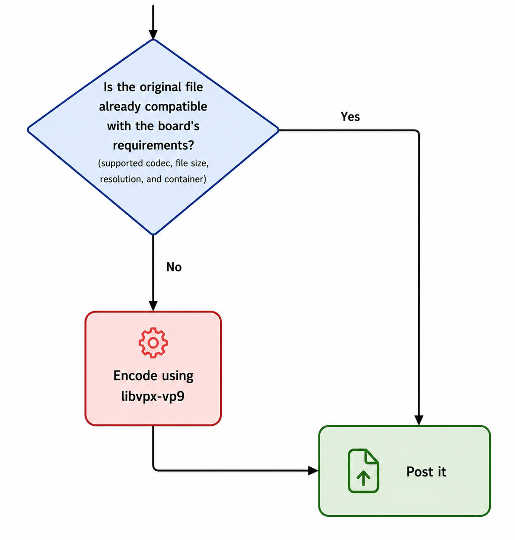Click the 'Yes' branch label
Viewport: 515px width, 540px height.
point(350,117)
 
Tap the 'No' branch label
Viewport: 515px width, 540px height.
point(174,267)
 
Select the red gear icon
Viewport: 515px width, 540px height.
point(153,342)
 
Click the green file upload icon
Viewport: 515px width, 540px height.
point(363,471)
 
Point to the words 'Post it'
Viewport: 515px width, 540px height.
point(426,472)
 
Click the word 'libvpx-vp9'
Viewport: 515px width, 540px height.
point(153,397)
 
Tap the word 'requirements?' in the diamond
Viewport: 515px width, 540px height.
point(153,145)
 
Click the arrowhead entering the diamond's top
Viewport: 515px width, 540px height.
point(153,35)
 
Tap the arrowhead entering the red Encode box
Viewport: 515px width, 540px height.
point(153,306)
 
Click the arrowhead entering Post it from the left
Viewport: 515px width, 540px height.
point(313,471)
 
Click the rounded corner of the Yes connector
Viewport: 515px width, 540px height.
point(417,132)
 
